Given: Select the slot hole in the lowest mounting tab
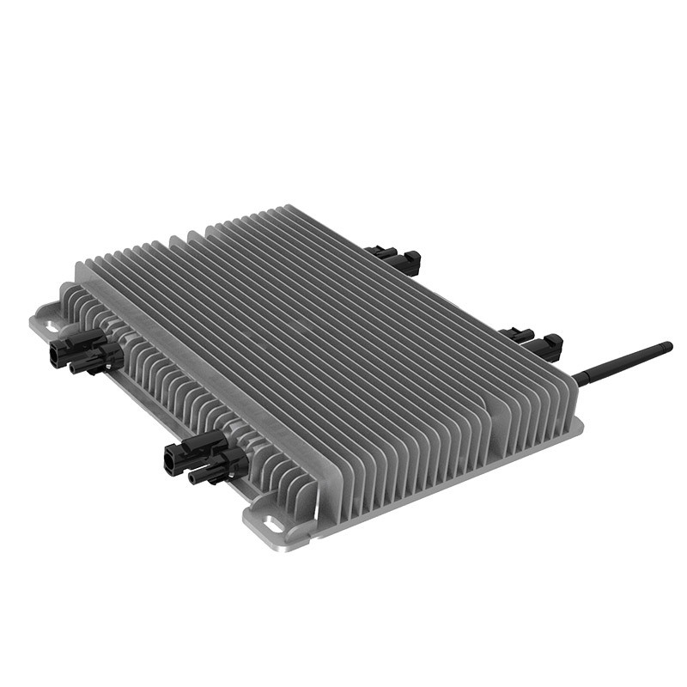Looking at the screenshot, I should click(273, 523).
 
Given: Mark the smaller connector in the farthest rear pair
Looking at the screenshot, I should click(379, 252).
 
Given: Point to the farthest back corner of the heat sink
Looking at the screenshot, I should click(289, 207).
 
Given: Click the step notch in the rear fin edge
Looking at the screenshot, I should click(202, 230).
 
